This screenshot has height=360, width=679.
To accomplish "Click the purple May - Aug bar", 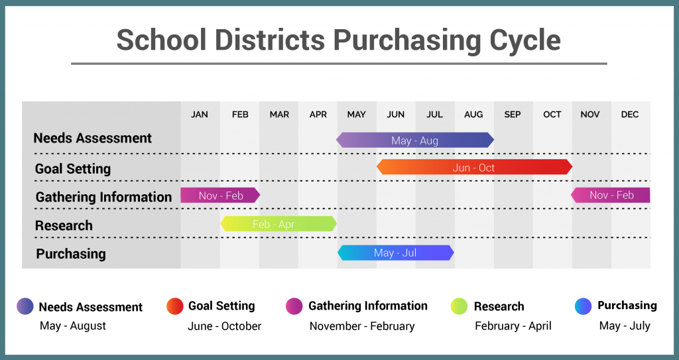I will click(414, 140).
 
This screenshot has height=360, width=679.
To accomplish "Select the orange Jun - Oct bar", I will click(474, 168).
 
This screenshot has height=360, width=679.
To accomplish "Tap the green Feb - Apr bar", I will click(278, 224).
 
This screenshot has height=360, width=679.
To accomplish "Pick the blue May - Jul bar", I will click(395, 253).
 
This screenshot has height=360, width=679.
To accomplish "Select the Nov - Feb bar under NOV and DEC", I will click(611, 195).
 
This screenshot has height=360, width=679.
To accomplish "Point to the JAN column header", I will click(200, 115).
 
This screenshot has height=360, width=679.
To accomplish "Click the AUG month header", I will click(473, 115).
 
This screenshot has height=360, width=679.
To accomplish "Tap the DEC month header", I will click(630, 115).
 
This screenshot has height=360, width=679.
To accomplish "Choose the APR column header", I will click(318, 115).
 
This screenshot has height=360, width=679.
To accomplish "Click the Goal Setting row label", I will click(73, 169).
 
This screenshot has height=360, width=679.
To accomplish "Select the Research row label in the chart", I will click(64, 225).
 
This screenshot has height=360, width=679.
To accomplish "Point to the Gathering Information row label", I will click(103, 197).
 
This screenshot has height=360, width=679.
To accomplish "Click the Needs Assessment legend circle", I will click(25, 306).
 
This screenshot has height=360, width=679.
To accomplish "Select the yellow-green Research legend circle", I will click(459, 306).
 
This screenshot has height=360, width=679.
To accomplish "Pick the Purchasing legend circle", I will click(584, 306).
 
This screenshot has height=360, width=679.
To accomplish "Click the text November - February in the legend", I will click(362, 326).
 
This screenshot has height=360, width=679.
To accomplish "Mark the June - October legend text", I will click(225, 326).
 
